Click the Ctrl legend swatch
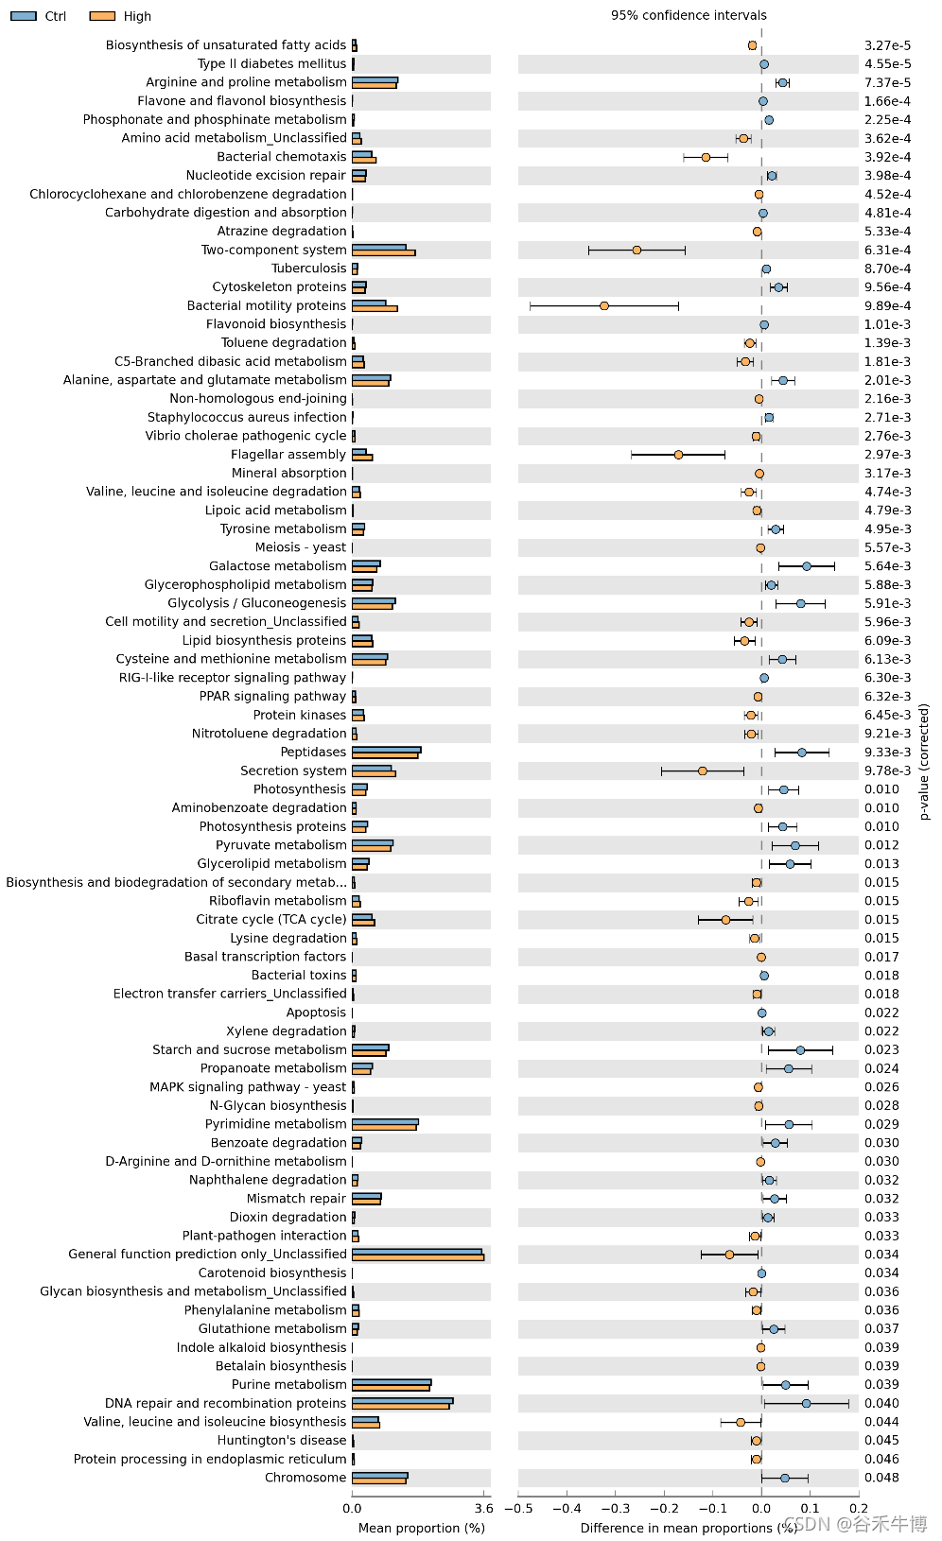coord(24,16)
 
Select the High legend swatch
coord(102,16)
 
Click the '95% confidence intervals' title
coord(689,15)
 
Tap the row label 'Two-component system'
coord(273,250)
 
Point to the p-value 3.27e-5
coord(887,45)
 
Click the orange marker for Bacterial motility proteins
coord(604,305)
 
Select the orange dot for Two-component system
coord(637,251)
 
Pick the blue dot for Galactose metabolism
coord(806,566)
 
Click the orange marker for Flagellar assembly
coord(678,455)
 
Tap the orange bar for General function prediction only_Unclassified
coord(417,1257)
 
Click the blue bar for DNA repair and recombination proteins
coord(402,1400)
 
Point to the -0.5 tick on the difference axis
coord(518,1508)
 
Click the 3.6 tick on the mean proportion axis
coord(483,1508)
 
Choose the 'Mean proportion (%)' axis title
coord(421,1528)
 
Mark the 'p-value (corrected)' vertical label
coord(924,761)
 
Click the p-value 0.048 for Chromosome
coord(881,1478)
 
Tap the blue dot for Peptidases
coord(801,753)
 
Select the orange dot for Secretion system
coord(702,770)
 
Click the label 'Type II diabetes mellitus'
coord(271,63)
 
